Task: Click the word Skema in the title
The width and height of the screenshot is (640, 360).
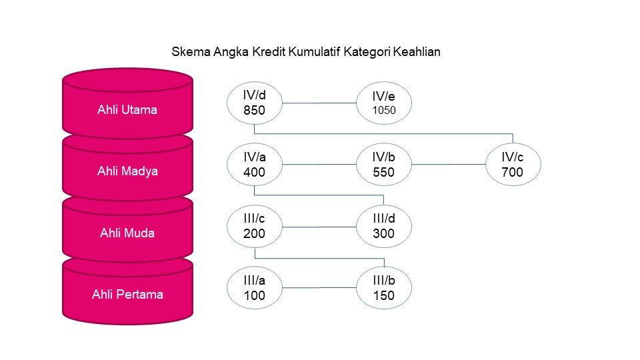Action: pos(189,52)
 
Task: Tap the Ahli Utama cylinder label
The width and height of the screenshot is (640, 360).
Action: pos(127,110)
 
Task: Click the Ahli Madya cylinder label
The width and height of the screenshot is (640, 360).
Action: pos(127,171)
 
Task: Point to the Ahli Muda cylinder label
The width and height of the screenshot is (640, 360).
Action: pos(127,233)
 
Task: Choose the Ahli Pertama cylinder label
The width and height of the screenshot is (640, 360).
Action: pos(127,294)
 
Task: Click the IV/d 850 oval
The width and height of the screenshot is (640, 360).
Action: pos(255,103)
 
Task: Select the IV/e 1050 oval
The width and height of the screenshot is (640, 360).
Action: pos(385,103)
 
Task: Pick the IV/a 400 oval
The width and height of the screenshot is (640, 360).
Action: pos(255,165)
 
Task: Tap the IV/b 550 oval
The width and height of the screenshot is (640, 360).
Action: pos(385,165)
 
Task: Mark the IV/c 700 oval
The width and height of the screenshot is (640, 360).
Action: pos(513,165)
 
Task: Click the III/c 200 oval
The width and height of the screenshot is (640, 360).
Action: pos(255,227)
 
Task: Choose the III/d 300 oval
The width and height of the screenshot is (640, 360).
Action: pos(385,227)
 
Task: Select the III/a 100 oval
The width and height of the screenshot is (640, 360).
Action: pos(255,288)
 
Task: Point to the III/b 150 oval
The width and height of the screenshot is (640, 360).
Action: pos(385,288)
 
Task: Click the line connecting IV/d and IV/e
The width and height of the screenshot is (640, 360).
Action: pos(320,103)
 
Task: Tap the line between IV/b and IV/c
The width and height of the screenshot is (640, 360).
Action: pos(449,165)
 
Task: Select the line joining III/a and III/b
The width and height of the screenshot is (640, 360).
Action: pos(320,288)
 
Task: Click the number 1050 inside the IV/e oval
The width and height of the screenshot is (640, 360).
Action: pos(385,111)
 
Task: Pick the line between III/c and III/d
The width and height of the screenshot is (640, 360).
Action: pos(320,227)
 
